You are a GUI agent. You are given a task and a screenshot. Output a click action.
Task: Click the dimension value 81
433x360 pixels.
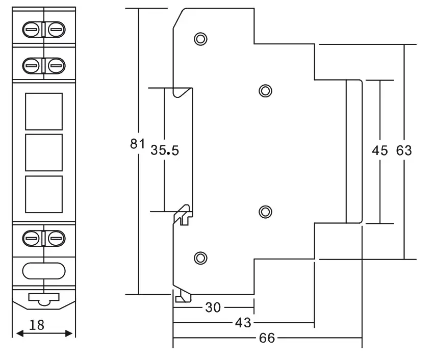coord(138,144)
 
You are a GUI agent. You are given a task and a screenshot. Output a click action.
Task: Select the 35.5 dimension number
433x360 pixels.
coord(165,151)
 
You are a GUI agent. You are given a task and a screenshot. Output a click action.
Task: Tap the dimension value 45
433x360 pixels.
coord(380,151)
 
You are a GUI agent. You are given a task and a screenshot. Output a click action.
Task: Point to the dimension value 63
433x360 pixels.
coord(404,151)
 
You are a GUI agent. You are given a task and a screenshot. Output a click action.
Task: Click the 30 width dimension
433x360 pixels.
coord(213,307)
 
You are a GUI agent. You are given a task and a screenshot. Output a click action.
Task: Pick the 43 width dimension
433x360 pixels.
coord(243,322)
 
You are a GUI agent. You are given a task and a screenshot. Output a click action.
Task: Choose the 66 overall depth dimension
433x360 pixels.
coord(267,338)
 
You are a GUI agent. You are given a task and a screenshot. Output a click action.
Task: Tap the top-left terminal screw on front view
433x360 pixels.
coord(31,31)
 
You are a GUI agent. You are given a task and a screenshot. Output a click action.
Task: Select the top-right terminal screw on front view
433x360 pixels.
coord(56,31)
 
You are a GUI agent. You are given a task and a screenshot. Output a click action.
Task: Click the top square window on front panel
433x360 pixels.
coord(43,111)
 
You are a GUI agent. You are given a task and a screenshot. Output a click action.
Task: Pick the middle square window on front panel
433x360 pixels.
coord(43,152)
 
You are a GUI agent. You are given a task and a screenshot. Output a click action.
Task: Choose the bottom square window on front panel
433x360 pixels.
coord(43,194)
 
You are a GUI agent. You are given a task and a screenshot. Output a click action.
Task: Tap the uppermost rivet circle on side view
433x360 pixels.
coord(200,39)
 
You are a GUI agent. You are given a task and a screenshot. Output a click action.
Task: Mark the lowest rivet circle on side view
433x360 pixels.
coord(200,258)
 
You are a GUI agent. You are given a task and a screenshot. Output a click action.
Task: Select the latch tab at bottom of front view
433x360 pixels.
coord(43,299)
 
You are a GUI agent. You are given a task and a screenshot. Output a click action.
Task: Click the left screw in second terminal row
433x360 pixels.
coord(31,65)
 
